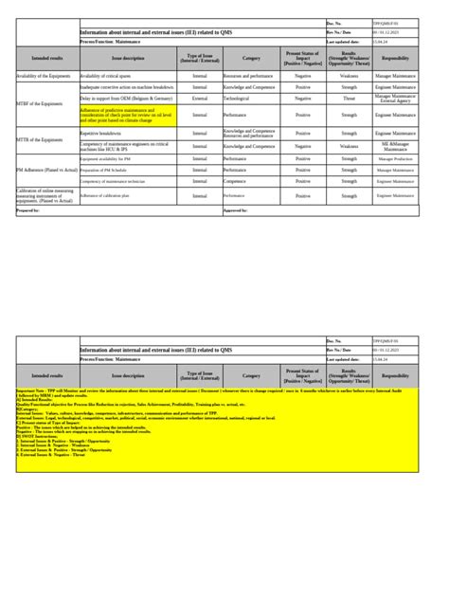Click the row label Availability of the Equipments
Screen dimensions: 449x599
point(45,74)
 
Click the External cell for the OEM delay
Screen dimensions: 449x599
point(199,98)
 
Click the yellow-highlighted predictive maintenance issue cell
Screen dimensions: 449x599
point(127,116)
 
